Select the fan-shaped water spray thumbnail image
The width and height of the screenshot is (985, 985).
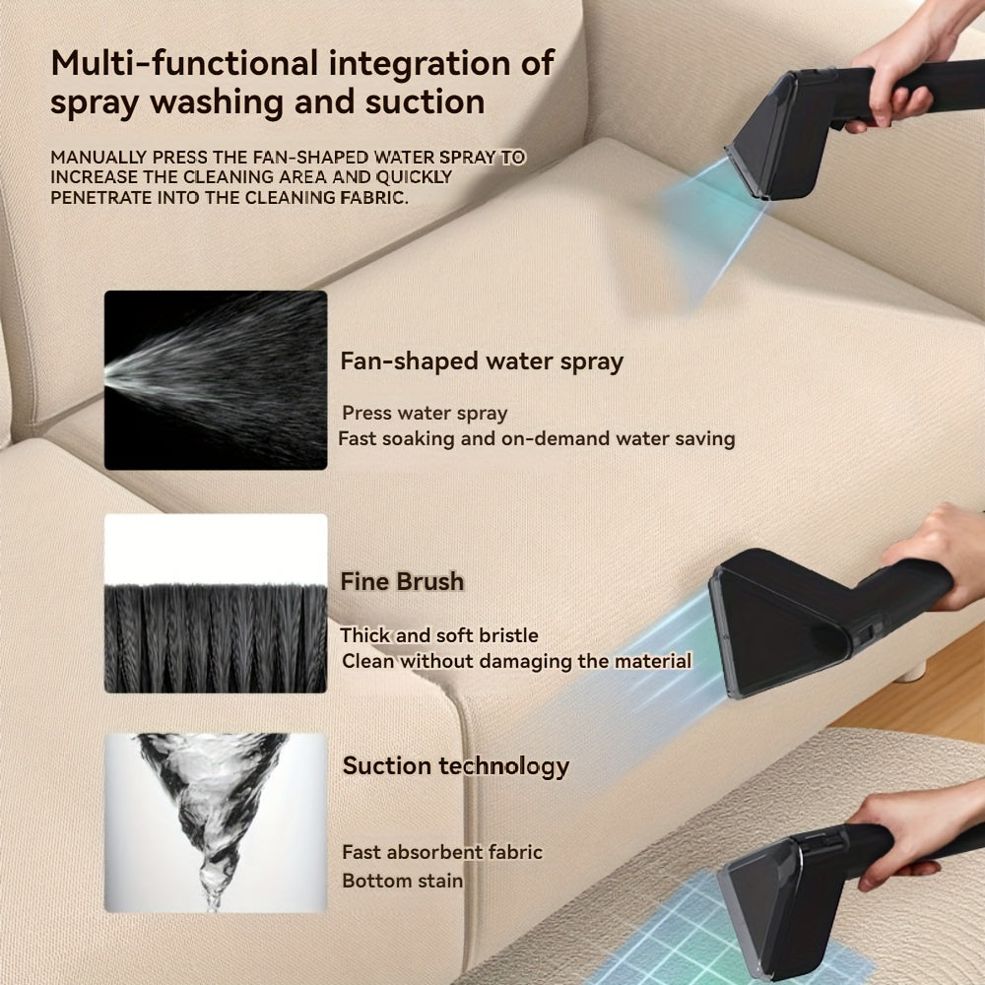(216, 379)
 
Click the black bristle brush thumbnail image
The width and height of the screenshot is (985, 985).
(216, 603)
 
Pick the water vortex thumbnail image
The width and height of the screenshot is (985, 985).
(216, 821)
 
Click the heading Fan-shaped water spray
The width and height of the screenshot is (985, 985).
(482, 361)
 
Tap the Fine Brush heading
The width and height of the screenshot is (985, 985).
(402, 582)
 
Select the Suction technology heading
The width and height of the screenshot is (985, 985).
(456, 766)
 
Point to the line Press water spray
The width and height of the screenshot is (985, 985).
(425, 414)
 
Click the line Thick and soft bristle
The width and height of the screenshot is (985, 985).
(439, 636)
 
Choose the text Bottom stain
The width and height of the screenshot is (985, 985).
(402, 881)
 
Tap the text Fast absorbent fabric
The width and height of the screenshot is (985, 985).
(442, 853)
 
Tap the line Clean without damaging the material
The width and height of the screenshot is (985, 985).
(516, 661)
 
